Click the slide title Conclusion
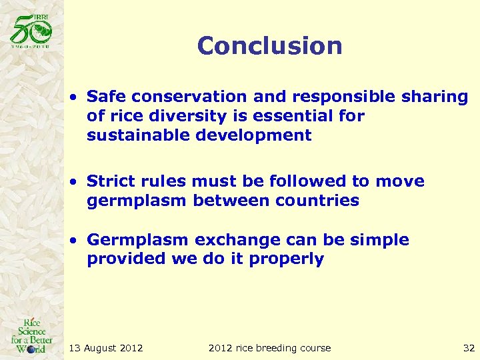(269, 46)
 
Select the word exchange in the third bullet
(237, 240)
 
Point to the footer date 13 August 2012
(106, 347)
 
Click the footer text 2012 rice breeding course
(269, 347)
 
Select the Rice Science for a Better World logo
(31, 334)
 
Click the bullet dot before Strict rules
(77, 182)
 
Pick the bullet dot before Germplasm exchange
(77, 241)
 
